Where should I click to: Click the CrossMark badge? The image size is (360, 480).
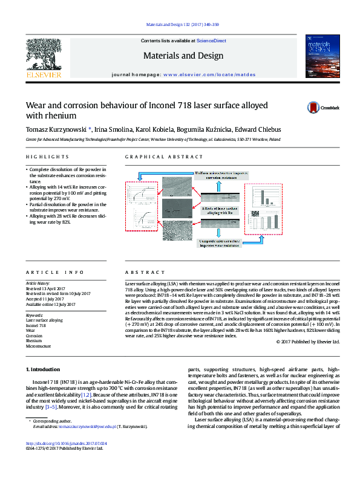coord(324,107)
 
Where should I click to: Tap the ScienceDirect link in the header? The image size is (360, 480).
coord(211,41)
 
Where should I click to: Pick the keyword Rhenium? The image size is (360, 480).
coord(34,341)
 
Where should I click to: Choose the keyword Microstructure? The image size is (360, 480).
coord(38,346)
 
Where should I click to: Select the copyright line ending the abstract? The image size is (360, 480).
coord(308,342)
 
